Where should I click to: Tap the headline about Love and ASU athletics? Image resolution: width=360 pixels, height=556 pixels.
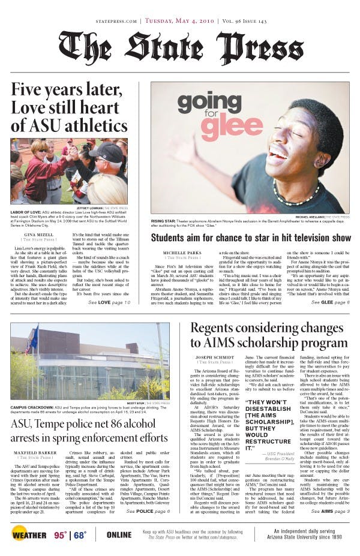coord(69,108)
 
